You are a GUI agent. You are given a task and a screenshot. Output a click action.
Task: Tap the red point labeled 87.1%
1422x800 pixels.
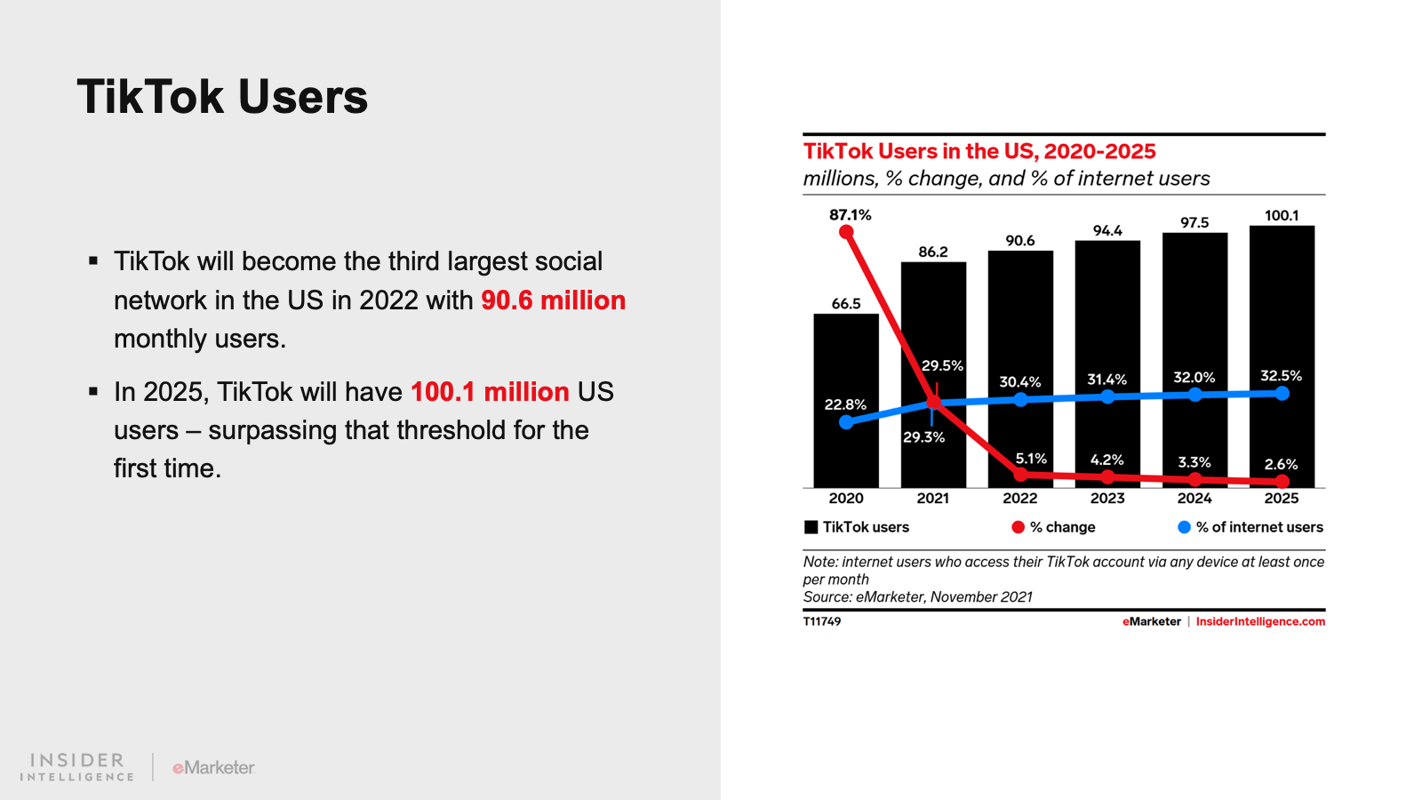[846, 232]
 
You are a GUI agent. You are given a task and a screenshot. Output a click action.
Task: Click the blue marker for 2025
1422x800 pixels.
[1282, 393]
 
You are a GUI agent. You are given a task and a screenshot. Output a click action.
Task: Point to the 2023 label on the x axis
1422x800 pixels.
[1107, 499]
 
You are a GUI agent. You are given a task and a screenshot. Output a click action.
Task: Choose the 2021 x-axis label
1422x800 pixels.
[932, 499]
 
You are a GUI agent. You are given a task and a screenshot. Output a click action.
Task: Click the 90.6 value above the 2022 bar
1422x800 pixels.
[1020, 241]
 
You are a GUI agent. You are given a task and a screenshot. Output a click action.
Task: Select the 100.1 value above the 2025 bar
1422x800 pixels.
[1282, 216]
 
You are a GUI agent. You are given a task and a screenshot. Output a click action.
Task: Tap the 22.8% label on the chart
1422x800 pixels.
[844, 404]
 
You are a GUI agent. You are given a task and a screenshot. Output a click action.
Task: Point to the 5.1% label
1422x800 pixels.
[1031, 459]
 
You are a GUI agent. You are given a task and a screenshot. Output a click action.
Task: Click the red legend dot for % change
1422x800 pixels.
[1018, 527]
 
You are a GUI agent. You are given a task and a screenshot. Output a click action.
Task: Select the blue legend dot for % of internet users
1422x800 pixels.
[1184, 527]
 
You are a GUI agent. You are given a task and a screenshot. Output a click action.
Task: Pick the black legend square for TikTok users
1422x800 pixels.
[811, 527]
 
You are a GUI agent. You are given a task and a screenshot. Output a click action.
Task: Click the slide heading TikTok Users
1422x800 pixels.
[222, 97]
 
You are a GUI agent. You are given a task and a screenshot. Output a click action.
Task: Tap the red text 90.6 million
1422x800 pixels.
[553, 300]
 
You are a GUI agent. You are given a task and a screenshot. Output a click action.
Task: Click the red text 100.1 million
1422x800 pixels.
[490, 392]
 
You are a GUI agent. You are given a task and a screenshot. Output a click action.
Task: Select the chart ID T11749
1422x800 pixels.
[822, 621]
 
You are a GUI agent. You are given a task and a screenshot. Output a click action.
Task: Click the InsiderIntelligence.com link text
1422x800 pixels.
[1260, 621]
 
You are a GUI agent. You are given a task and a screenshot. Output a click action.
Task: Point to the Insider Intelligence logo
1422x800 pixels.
[77, 767]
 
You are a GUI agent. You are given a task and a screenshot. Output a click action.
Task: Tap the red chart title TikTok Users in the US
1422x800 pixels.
[979, 151]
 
